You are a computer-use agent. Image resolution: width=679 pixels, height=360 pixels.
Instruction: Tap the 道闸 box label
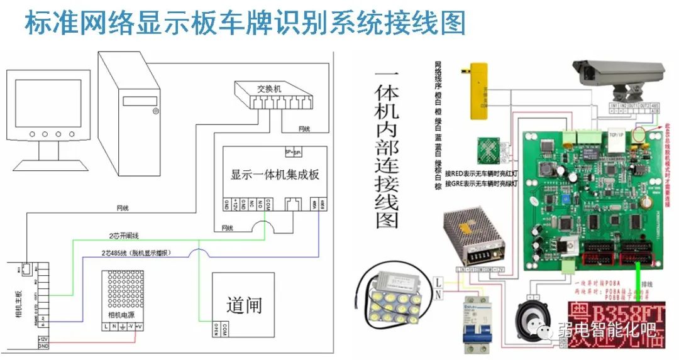click(244, 305)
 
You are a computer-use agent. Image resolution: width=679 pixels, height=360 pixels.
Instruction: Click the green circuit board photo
click(591, 195)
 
